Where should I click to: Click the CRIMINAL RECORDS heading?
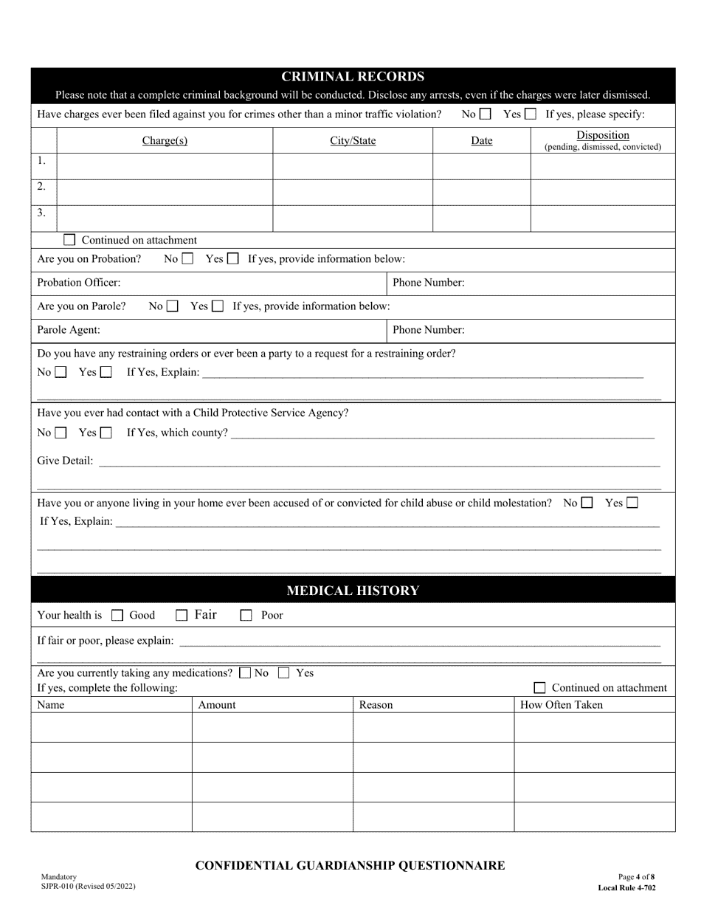point(353,77)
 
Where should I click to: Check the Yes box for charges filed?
point(531,114)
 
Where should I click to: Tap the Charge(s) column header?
point(165,141)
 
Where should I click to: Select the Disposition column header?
point(603,135)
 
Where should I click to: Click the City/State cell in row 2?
point(353,192)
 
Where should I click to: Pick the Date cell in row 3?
point(481,218)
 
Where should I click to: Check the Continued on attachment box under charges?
point(69,240)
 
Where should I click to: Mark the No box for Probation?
point(187,259)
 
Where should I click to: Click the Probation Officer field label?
point(79,283)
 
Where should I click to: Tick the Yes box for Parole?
point(217,306)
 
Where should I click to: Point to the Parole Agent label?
point(69,330)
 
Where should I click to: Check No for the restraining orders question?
point(61,372)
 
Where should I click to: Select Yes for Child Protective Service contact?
point(106,433)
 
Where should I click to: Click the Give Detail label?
point(66,461)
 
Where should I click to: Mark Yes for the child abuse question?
point(632,503)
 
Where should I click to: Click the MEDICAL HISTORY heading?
point(353,591)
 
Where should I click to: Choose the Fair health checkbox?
point(182,615)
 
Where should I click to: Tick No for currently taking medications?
point(245,673)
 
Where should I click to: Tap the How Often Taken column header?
point(562,705)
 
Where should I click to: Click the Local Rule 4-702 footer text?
point(626,888)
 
